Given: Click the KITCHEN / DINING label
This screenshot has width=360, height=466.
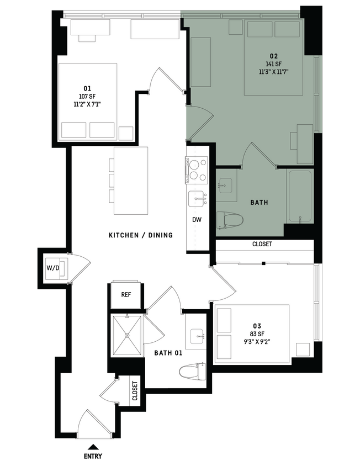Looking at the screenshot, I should pyautogui.click(x=140, y=235).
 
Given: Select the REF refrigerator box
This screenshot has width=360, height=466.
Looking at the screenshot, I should pyautogui.click(x=126, y=294).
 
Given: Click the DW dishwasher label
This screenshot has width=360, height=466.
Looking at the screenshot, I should pyautogui.click(x=197, y=220).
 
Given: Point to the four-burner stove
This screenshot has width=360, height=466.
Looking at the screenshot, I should pyautogui.click(x=196, y=170).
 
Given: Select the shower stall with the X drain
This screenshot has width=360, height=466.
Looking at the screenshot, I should pyautogui.click(x=126, y=335).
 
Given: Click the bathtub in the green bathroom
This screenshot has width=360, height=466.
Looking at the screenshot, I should pyautogui.click(x=300, y=196).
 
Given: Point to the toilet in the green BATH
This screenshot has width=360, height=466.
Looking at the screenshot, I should pyautogui.click(x=229, y=219).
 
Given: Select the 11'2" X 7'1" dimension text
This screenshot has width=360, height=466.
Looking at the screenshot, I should pyautogui.click(x=87, y=104).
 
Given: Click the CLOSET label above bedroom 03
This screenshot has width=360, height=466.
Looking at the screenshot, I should pyautogui.click(x=262, y=244).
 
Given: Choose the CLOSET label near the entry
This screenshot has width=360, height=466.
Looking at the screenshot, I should pyautogui.click(x=135, y=390).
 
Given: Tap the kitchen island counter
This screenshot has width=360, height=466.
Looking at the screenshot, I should pyautogui.click(x=131, y=181).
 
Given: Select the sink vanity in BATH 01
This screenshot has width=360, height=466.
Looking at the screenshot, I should pyautogui.click(x=195, y=335).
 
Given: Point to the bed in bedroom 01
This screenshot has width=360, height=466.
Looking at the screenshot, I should pyautogui.click(x=88, y=100).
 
